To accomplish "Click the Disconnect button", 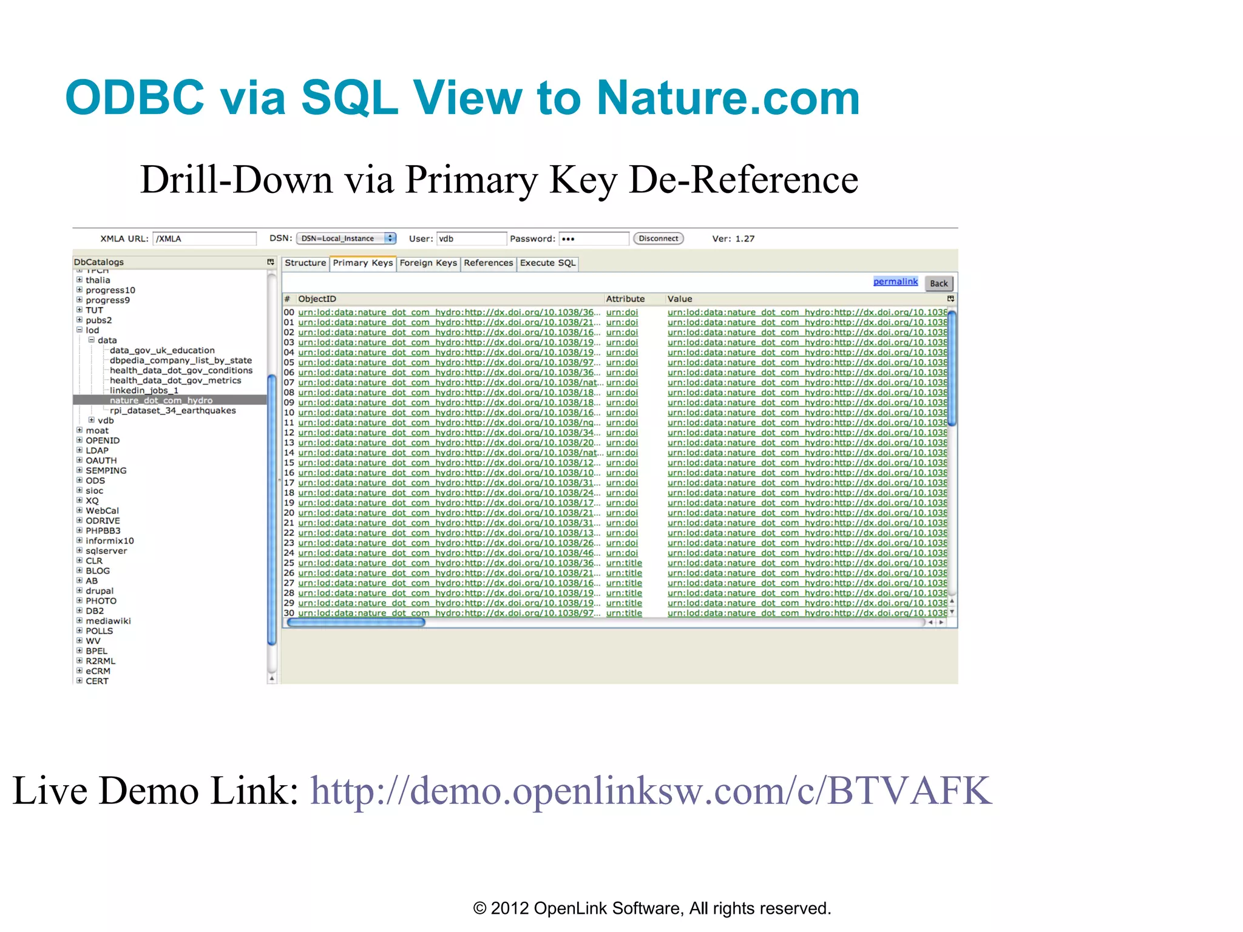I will (x=658, y=238).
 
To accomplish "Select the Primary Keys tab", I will (x=362, y=263).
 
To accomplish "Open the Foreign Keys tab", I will (x=428, y=263).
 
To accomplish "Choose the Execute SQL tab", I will (x=547, y=263).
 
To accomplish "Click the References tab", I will (x=488, y=263).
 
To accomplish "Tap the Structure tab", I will (x=305, y=263).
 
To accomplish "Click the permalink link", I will (x=895, y=282).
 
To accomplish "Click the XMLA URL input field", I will (x=204, y=238).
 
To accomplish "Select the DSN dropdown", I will (x=346, y=238).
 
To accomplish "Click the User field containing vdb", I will (x=471, y=238).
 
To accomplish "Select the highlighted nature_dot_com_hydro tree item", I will (x=161, y=400).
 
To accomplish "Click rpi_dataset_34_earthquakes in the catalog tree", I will (x=172, y=411).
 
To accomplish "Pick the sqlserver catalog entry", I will (x=106, y=551).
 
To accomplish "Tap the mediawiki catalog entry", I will (x=108, y=621).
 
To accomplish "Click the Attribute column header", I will (x=625, y=299).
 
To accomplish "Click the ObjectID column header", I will (x=317, y=299).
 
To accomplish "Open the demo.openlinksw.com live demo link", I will (x=651, y=791).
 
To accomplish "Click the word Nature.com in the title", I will (x=728, y=98).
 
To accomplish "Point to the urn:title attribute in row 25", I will (x=623, y=563).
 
